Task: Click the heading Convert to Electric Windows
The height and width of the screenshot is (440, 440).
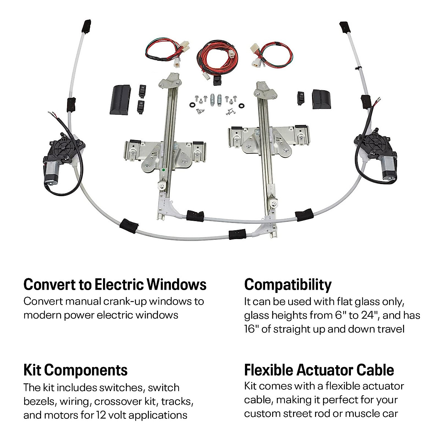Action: (115, 285)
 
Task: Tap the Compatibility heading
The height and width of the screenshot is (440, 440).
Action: (287, 285)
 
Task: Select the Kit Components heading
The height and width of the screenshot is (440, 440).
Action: (76, 370)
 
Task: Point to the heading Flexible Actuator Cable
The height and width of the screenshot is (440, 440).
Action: (319, 370)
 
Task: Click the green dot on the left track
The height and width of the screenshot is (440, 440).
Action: (162, 170)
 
